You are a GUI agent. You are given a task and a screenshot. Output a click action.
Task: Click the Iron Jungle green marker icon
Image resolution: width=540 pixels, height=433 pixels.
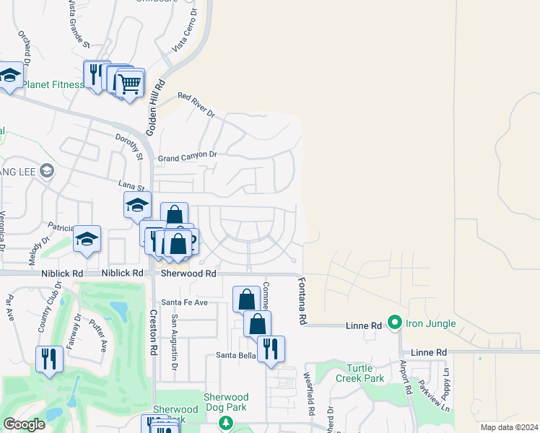coord(394,323)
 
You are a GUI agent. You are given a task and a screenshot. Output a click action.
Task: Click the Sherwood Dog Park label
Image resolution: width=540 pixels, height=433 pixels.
coord(226,403)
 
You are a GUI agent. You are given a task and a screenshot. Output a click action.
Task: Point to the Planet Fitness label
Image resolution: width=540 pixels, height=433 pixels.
coord(53,84)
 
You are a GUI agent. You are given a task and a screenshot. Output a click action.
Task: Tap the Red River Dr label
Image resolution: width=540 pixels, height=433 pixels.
coord(196,105)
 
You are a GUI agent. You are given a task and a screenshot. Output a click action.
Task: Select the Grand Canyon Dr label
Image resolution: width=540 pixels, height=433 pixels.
coord(187,156)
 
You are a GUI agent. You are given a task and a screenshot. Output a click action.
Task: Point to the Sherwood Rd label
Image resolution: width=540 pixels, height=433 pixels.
coord(188,274)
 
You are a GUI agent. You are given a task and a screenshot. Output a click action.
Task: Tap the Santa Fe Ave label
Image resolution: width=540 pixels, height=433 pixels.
coord(184,302)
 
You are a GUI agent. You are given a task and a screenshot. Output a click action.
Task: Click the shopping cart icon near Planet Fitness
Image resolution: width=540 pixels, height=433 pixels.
coord(130,84)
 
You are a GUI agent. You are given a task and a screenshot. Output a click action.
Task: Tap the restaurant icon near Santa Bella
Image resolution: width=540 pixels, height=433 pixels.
coord(271,349)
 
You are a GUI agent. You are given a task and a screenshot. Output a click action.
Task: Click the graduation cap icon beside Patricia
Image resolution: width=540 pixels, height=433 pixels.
coord(87,239)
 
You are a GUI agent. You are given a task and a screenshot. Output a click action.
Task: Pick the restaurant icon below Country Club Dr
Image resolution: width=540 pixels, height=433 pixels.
coord(49,359)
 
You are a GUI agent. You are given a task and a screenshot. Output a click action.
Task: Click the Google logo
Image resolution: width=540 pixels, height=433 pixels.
coord(24,425)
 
